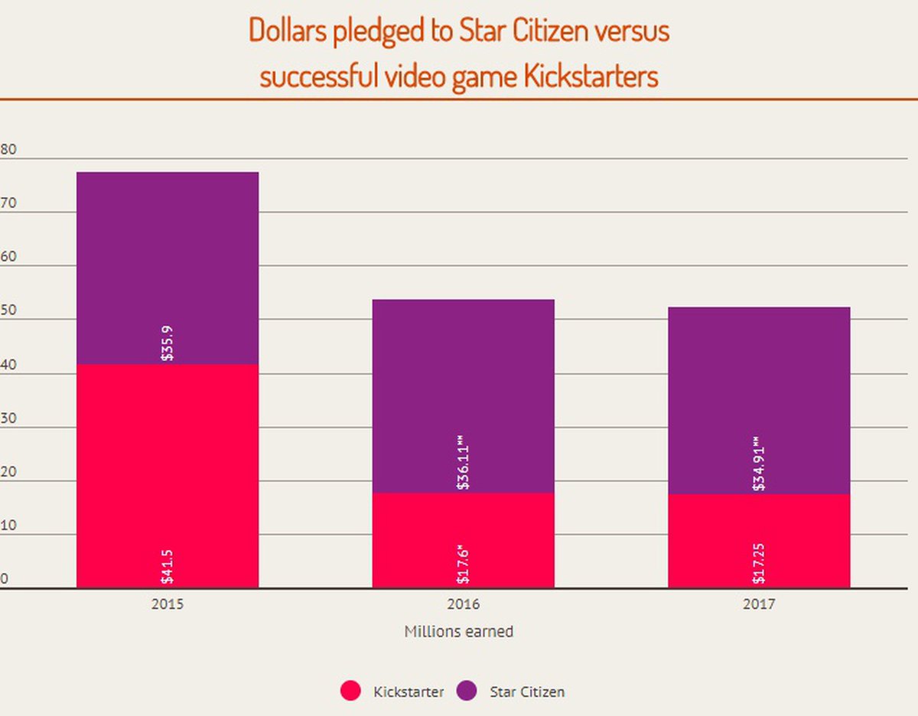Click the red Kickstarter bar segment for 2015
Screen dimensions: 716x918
(168, 474)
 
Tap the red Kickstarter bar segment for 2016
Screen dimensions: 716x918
(463, 539)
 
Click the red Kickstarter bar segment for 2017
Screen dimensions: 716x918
(759, 539)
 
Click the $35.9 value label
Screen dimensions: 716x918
(168, 343)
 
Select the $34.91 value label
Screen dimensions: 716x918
(759, 464)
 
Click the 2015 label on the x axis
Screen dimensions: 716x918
(168, 604)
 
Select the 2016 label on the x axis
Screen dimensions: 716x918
(463, 604)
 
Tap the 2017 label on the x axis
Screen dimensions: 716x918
(758, 604)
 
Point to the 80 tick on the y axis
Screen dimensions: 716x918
(8, 150)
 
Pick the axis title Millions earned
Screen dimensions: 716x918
(458, 632)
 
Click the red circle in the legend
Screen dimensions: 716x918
(350, 692)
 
